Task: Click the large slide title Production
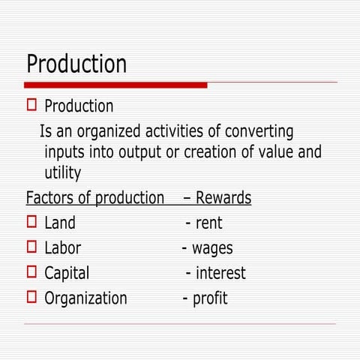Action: click(76, 63)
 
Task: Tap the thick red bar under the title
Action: click(115, 85)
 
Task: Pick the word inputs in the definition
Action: click(66, 153)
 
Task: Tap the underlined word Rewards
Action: click(223, 198)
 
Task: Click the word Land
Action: click(59, 223)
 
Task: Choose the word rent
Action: click(208, 223)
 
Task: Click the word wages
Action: click(212, 248)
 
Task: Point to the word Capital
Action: click(67, 273)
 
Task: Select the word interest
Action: click(220, 273)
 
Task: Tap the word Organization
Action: click(85, 298)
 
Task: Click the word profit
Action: click(210, 298)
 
